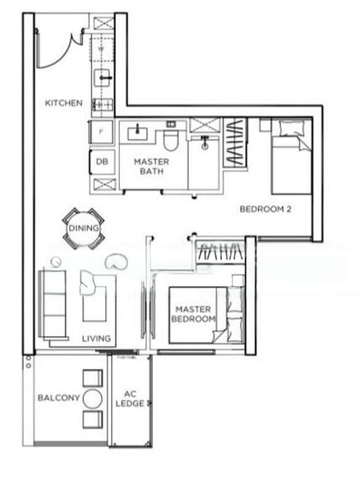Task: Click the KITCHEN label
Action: click(x=63, y=103)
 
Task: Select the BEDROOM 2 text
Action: click(x=265, y=209)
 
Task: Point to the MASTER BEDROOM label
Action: click(x=195, y=314)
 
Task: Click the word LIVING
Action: click(x=96, y=338)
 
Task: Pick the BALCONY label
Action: click(x=58, y=398)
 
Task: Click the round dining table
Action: click(x=83, y=228)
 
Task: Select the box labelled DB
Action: click(x=102, y=162)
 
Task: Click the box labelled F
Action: click(x=101, y=131)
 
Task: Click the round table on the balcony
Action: click(x=92, y=399)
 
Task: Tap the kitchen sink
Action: click(x=104, y=77)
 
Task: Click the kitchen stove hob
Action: click(x=104, y=104)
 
